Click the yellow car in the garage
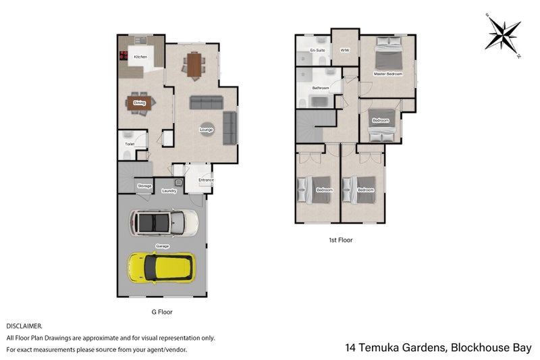coord(161,267)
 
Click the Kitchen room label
coord(140,57)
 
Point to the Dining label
coord(140,103)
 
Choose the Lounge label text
coord(207,130)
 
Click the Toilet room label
coord(130,144)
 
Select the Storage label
coord(144,186)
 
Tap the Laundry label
coord(169,191)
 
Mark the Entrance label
coord(206,180)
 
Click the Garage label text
coord(162,246)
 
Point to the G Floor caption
coord(162,313)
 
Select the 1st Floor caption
coord(340,240)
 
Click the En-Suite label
coord(317,51)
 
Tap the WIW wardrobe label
coord(345,51)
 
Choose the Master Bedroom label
coord(388,73)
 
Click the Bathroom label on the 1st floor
coord(320,88)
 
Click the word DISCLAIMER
coord(24,326)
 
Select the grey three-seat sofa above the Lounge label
coord(207,103)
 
